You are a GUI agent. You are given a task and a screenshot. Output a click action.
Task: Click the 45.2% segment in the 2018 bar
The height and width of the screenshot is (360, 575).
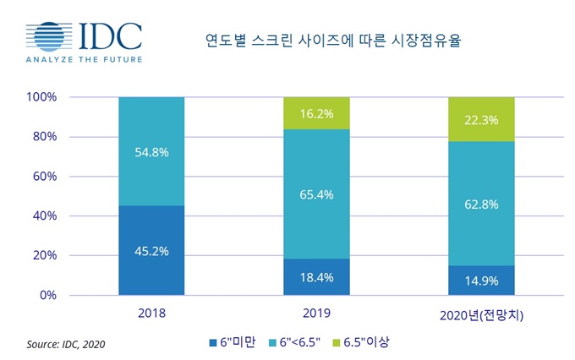click(x=151, y=250)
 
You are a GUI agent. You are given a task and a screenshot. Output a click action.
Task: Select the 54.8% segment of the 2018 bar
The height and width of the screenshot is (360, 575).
click(x=151, y=151)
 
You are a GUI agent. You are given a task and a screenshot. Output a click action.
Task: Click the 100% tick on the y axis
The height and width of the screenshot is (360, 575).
click(x=41, y=97)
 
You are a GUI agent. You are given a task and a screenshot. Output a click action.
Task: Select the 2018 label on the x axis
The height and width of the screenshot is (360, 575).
click(x=151, y=313)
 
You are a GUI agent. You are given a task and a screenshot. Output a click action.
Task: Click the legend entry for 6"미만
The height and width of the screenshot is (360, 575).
click(x=229, y=342)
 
